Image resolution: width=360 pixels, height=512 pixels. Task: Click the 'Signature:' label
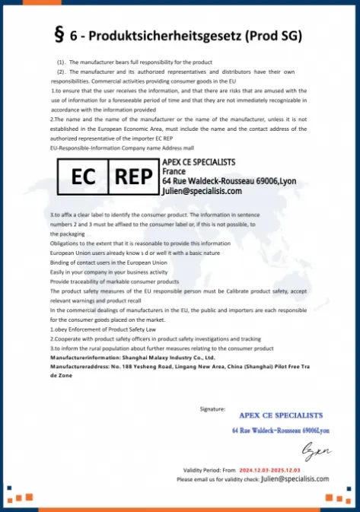(212, 409)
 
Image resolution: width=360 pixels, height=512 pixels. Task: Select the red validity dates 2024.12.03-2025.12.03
(266, 470)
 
